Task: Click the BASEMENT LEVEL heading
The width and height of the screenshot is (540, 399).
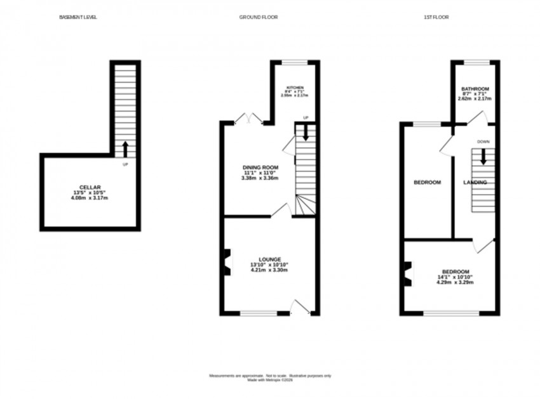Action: pyautogui.click(x=78, y=17)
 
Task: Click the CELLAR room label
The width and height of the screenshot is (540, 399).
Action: pyautogui.click(x=90, y=187)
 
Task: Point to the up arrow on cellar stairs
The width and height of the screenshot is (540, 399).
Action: pyautogui.click(x=125, y=148)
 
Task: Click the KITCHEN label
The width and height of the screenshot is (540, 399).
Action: pyautogui.click(x=294, y=88)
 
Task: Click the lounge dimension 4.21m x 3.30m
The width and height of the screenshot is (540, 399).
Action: pyautogui.click(x=269, y=270)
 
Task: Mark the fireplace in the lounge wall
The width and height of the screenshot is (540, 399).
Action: pyautogui.click(x=226, y=262)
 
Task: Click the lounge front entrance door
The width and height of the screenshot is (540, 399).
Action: pyautogui.click(x=299, y=309)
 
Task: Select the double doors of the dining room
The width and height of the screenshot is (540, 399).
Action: pyautogui.click(x=248, y=118)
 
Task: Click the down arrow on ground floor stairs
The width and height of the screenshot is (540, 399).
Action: pyautogui.click(x=306, y=133)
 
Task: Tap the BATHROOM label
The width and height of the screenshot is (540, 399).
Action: pyautogui.click(x=475, y=89)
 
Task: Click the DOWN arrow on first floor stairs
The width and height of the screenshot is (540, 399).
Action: pyautogui.click(x=483, y=156)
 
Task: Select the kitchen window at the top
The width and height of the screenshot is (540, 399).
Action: pyautogui.click(x=294, y=62)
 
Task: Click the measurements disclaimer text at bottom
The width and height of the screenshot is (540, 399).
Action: pyautogui.click(x=270, y=376)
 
